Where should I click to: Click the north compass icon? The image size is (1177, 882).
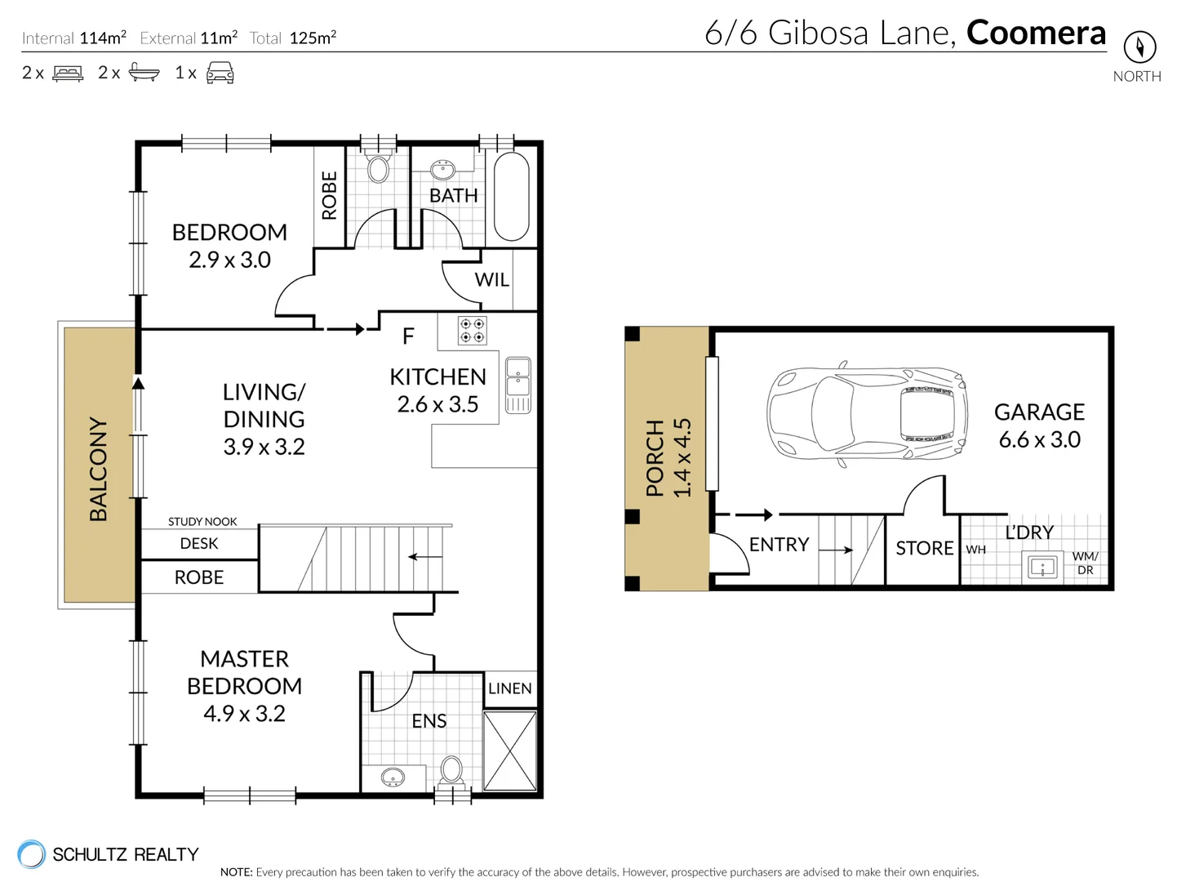[1139, 47]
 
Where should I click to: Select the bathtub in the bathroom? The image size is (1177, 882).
[512, 196]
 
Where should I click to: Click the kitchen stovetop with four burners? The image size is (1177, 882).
[472, 330]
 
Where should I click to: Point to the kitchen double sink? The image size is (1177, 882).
[517, 385]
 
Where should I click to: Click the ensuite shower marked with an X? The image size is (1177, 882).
[510, 751]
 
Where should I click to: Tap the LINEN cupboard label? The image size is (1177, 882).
[510, 688]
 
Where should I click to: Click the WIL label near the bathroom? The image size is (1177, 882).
[491, 280]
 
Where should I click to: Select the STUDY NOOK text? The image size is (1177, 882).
[202, 521]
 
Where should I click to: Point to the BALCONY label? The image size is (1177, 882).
[98, 469]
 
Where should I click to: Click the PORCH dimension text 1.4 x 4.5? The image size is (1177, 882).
[682, 457]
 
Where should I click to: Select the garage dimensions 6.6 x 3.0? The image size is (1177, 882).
[1039, 439]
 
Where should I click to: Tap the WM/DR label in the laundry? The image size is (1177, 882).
[1085, 563]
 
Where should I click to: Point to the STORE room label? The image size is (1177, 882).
[924, 548]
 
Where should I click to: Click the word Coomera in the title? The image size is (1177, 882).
[1036, 33]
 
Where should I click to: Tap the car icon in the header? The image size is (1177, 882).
[220, 73]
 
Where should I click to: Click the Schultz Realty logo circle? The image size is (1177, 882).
[32, 854]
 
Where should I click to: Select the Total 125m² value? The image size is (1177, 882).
[313, 38]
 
